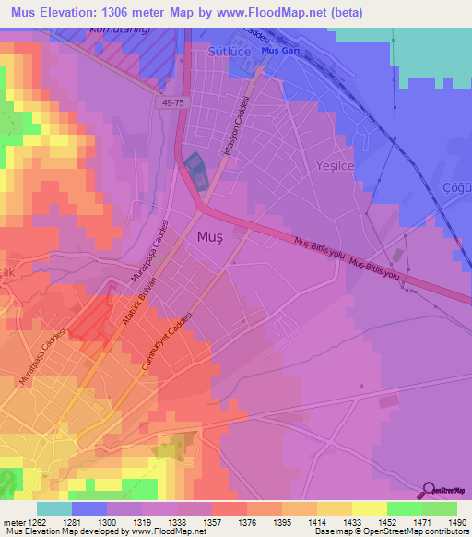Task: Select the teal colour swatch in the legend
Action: (53, 508)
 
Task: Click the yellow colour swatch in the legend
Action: (369, 508)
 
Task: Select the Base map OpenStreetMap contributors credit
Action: (390, 531)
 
